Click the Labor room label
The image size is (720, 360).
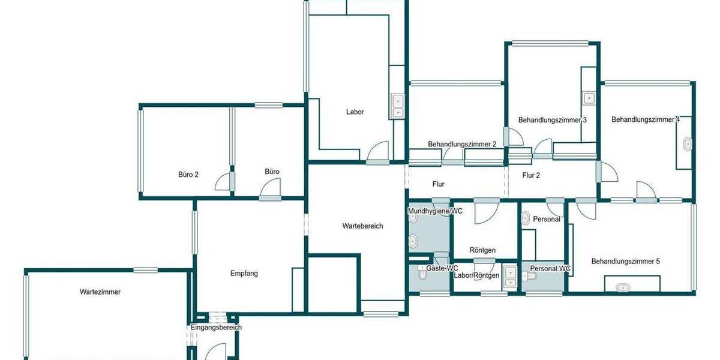(x=355, y=112)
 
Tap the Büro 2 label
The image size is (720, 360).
(x=188, y=175)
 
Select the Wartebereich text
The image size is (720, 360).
(x=362, y=226)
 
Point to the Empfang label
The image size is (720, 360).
(x=244, y=274)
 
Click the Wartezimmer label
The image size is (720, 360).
(x=100, y=292)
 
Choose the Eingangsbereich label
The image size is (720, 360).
(x=216, y=328)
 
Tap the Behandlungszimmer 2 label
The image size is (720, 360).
(x=462, y=145)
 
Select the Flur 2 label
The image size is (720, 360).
(x=532, y=176)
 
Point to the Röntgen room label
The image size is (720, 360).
(x=482, y=250)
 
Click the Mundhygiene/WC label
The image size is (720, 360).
(x=435, y=211)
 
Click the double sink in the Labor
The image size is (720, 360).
(x=397, y=106)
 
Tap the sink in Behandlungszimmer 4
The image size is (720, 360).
(x=688, y=144)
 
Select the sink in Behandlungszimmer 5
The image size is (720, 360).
(x=623, y=287)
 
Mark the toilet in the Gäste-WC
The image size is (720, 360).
(x=422, y=275)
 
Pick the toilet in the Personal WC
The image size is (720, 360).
(x=529, y=276)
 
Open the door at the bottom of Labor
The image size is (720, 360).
(x=379, y=153)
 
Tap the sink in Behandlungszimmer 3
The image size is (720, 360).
(x=589, y=98)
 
